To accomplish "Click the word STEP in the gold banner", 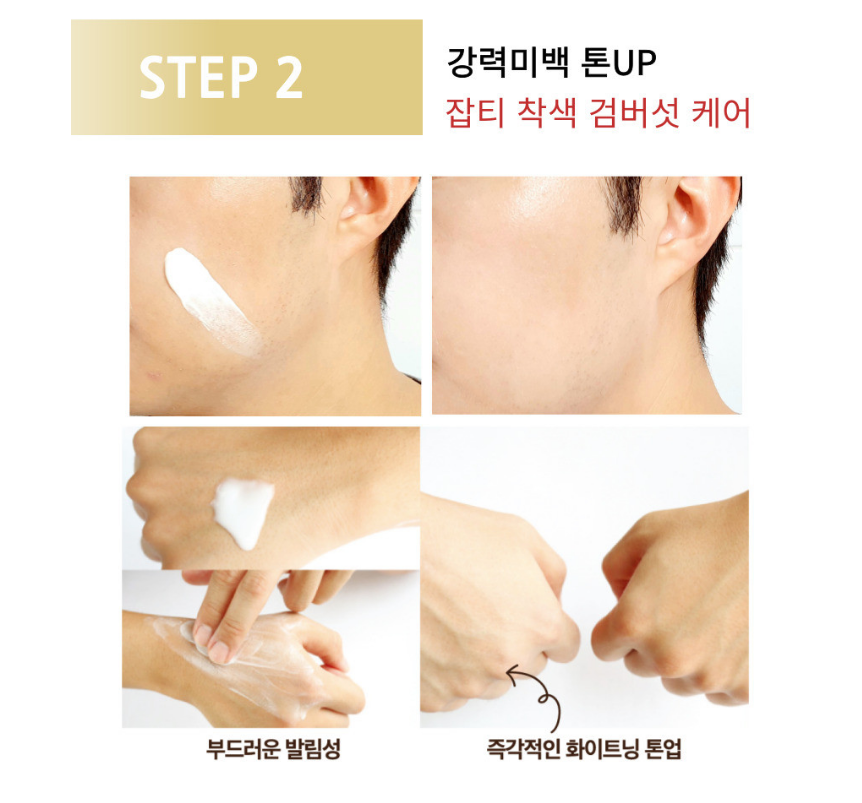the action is click(198, 77).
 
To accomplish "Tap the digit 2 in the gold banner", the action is click(289, 77).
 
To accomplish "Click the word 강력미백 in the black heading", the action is click(506, 62).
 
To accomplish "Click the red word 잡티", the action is click(475, 113).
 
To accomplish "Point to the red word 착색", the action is click(547, 113).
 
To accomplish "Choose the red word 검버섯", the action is click(634, 113).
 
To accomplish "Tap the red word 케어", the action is click(721, 113).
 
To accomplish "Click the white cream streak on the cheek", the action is click(212, 301).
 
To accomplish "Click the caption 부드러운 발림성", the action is click(273, 749).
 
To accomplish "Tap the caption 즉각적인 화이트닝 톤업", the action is click(584, 749).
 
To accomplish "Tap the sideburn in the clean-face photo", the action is click(624, 206).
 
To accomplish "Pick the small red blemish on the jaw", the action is click(153, 375).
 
